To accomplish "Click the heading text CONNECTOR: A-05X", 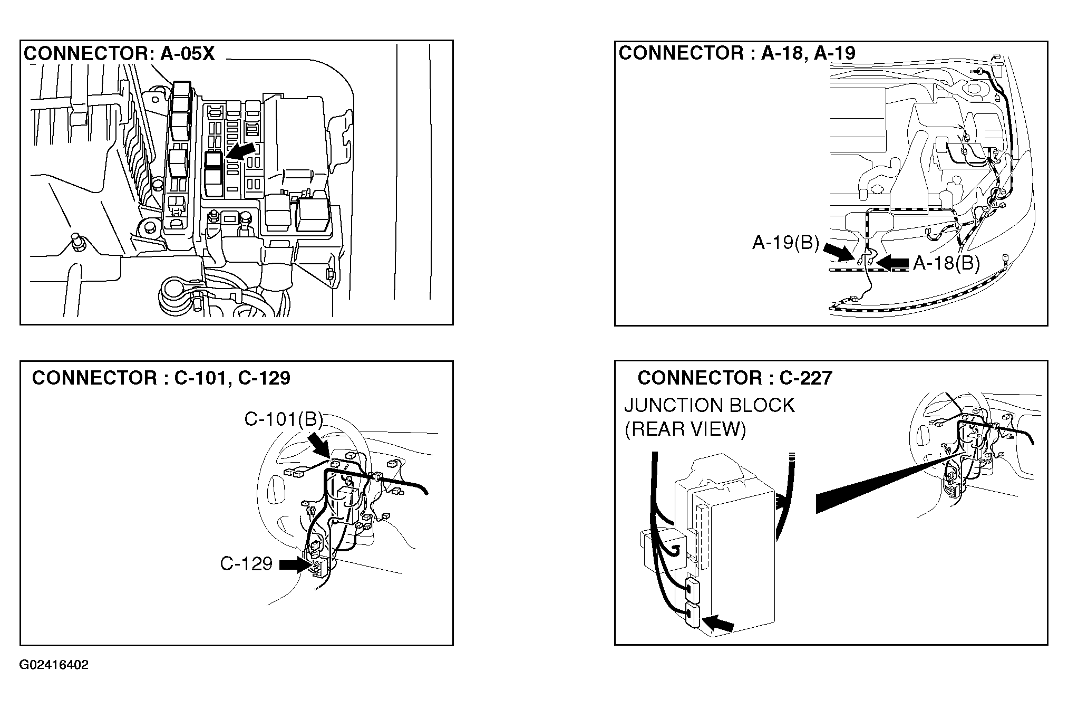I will click(119, 54).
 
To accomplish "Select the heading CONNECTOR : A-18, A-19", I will click(737, 53).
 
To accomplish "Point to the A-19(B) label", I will click(785, 243).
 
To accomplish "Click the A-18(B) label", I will click(946, 263).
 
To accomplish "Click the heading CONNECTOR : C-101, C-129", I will click(161, 378).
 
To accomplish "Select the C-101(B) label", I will click(283, 419).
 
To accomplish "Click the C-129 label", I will click(246, 564).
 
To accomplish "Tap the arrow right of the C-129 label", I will click(294, 565).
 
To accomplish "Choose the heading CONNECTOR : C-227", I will click(735, 378).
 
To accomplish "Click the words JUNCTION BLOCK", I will click(709, 406).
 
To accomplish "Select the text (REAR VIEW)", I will click(685, 430).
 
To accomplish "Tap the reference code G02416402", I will click(54, 665).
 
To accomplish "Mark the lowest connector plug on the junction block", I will click(692, 616).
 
